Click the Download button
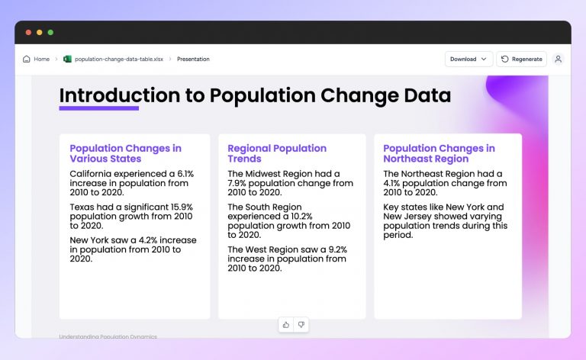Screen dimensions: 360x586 [x=468, y=59]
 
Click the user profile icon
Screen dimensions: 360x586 [x=558, y=59]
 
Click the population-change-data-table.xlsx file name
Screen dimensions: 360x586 [x=118, y=59]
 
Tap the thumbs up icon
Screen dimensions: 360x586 [x=286, y=325]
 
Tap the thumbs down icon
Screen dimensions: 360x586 [x=301, y=325]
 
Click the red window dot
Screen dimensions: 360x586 [x=28, y=32]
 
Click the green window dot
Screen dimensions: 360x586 [x=50, y=32]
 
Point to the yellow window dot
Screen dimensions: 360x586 [x=40, y=32]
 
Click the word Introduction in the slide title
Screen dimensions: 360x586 [x=108, y=95]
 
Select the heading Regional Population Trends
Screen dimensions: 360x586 [x=277, y=153]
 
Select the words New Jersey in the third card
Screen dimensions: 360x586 [x=409, y=217]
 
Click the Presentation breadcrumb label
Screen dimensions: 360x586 [x=193, y=59]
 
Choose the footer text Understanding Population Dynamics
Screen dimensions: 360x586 [x=108, y=336]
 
